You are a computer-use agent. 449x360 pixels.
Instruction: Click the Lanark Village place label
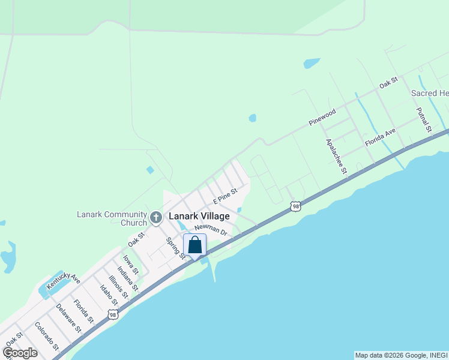[199, 216]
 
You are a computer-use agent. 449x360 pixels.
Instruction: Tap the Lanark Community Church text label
[112, 218]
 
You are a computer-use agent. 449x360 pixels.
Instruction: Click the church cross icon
[156, 217]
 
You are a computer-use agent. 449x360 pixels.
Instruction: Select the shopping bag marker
[194, 245]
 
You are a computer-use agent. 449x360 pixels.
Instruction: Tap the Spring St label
[176, 248]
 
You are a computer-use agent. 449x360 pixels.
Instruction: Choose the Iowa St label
[131, 265]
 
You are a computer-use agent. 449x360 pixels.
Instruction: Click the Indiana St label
[127, 278]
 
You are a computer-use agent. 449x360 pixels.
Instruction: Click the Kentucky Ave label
[63, 280]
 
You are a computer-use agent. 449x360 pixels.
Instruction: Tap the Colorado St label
[46, 336]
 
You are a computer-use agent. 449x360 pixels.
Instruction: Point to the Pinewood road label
[322, 117]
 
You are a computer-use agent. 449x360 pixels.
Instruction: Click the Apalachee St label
[336, 156]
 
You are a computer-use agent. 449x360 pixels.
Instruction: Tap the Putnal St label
[424, 119]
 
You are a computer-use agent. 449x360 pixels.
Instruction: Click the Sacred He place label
[429, 94]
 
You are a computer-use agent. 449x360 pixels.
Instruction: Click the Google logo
[19, 353]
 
